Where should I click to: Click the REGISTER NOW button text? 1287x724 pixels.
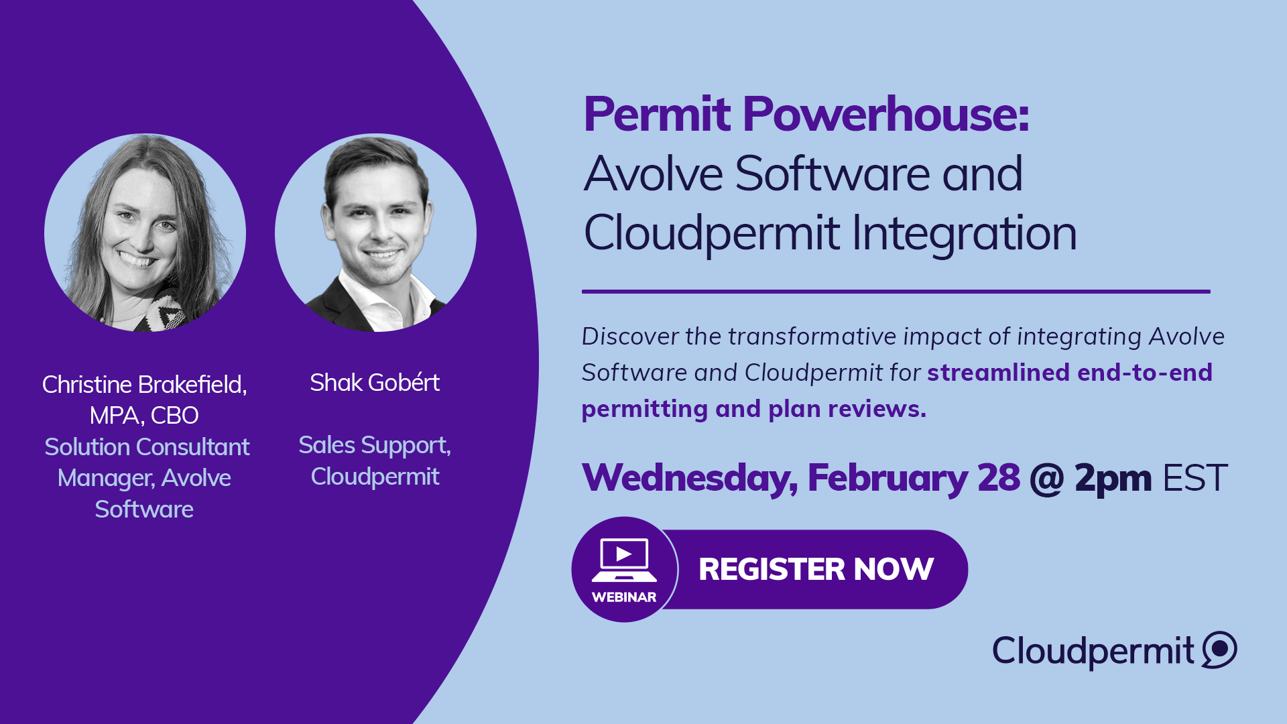816,570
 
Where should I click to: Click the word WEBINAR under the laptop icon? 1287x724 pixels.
624,597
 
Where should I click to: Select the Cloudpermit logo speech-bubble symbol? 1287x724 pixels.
1219,650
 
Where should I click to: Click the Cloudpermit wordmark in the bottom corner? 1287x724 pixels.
1093,651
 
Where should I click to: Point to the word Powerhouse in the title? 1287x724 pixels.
885,114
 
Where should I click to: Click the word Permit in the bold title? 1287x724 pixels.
657,114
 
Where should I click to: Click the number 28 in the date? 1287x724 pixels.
998,478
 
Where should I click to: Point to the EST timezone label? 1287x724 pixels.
1194,478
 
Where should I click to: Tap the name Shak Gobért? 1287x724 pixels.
375,383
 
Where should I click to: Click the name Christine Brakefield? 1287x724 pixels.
144,385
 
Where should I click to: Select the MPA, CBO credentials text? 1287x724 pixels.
144,416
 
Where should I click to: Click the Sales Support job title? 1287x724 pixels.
375,446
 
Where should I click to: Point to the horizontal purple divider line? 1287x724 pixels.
896,292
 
